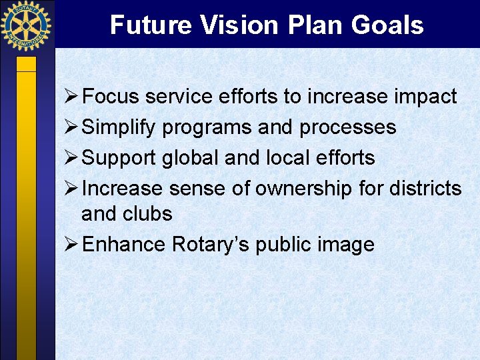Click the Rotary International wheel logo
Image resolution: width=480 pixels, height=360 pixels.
[26, 26]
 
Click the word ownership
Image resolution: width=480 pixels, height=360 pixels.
[304, 189]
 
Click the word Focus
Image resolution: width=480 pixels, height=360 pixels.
[111, 97]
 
